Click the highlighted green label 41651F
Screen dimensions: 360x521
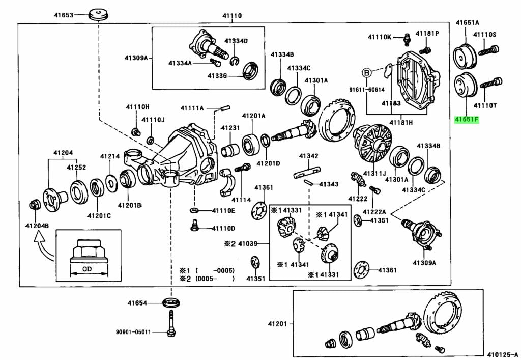pos(467,120)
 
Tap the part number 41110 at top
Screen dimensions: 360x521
pos(231,16)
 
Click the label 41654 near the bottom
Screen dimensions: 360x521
pos(137,303)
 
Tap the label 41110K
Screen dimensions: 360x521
pos(380,37)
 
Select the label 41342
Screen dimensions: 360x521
pos(308,156)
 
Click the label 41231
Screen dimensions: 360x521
pos(230,128)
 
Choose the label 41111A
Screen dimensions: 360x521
pos(192,108)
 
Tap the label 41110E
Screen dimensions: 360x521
pos(224,210)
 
